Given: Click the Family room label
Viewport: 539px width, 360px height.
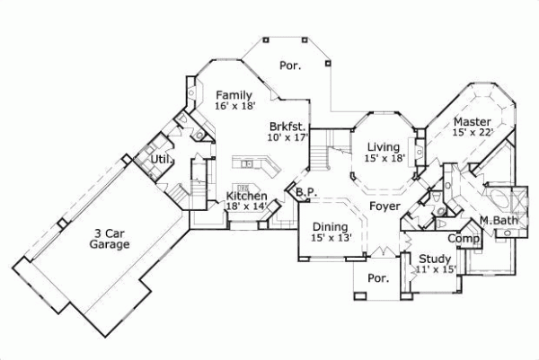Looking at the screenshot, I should pos(233,94).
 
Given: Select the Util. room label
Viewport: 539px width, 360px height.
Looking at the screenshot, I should pos(162,160).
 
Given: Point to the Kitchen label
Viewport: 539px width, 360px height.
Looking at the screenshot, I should pos(245,196).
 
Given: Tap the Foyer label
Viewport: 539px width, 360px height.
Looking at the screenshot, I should pos(384,206).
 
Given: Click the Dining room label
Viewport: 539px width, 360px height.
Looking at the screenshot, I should pos(331,226).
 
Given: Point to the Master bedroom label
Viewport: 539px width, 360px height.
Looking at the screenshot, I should pos(472,121).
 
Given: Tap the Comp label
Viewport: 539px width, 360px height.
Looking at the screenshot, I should pos(463,239).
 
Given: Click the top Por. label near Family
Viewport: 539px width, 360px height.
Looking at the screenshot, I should pos(289,65).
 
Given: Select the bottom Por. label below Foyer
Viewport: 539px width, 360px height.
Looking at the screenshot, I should pos(379,278).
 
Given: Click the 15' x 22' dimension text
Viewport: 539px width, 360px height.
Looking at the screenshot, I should pos(472,133).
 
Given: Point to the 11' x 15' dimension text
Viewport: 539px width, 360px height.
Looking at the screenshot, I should pos(437,268).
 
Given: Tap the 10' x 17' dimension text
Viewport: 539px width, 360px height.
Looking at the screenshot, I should pos(287,137).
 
